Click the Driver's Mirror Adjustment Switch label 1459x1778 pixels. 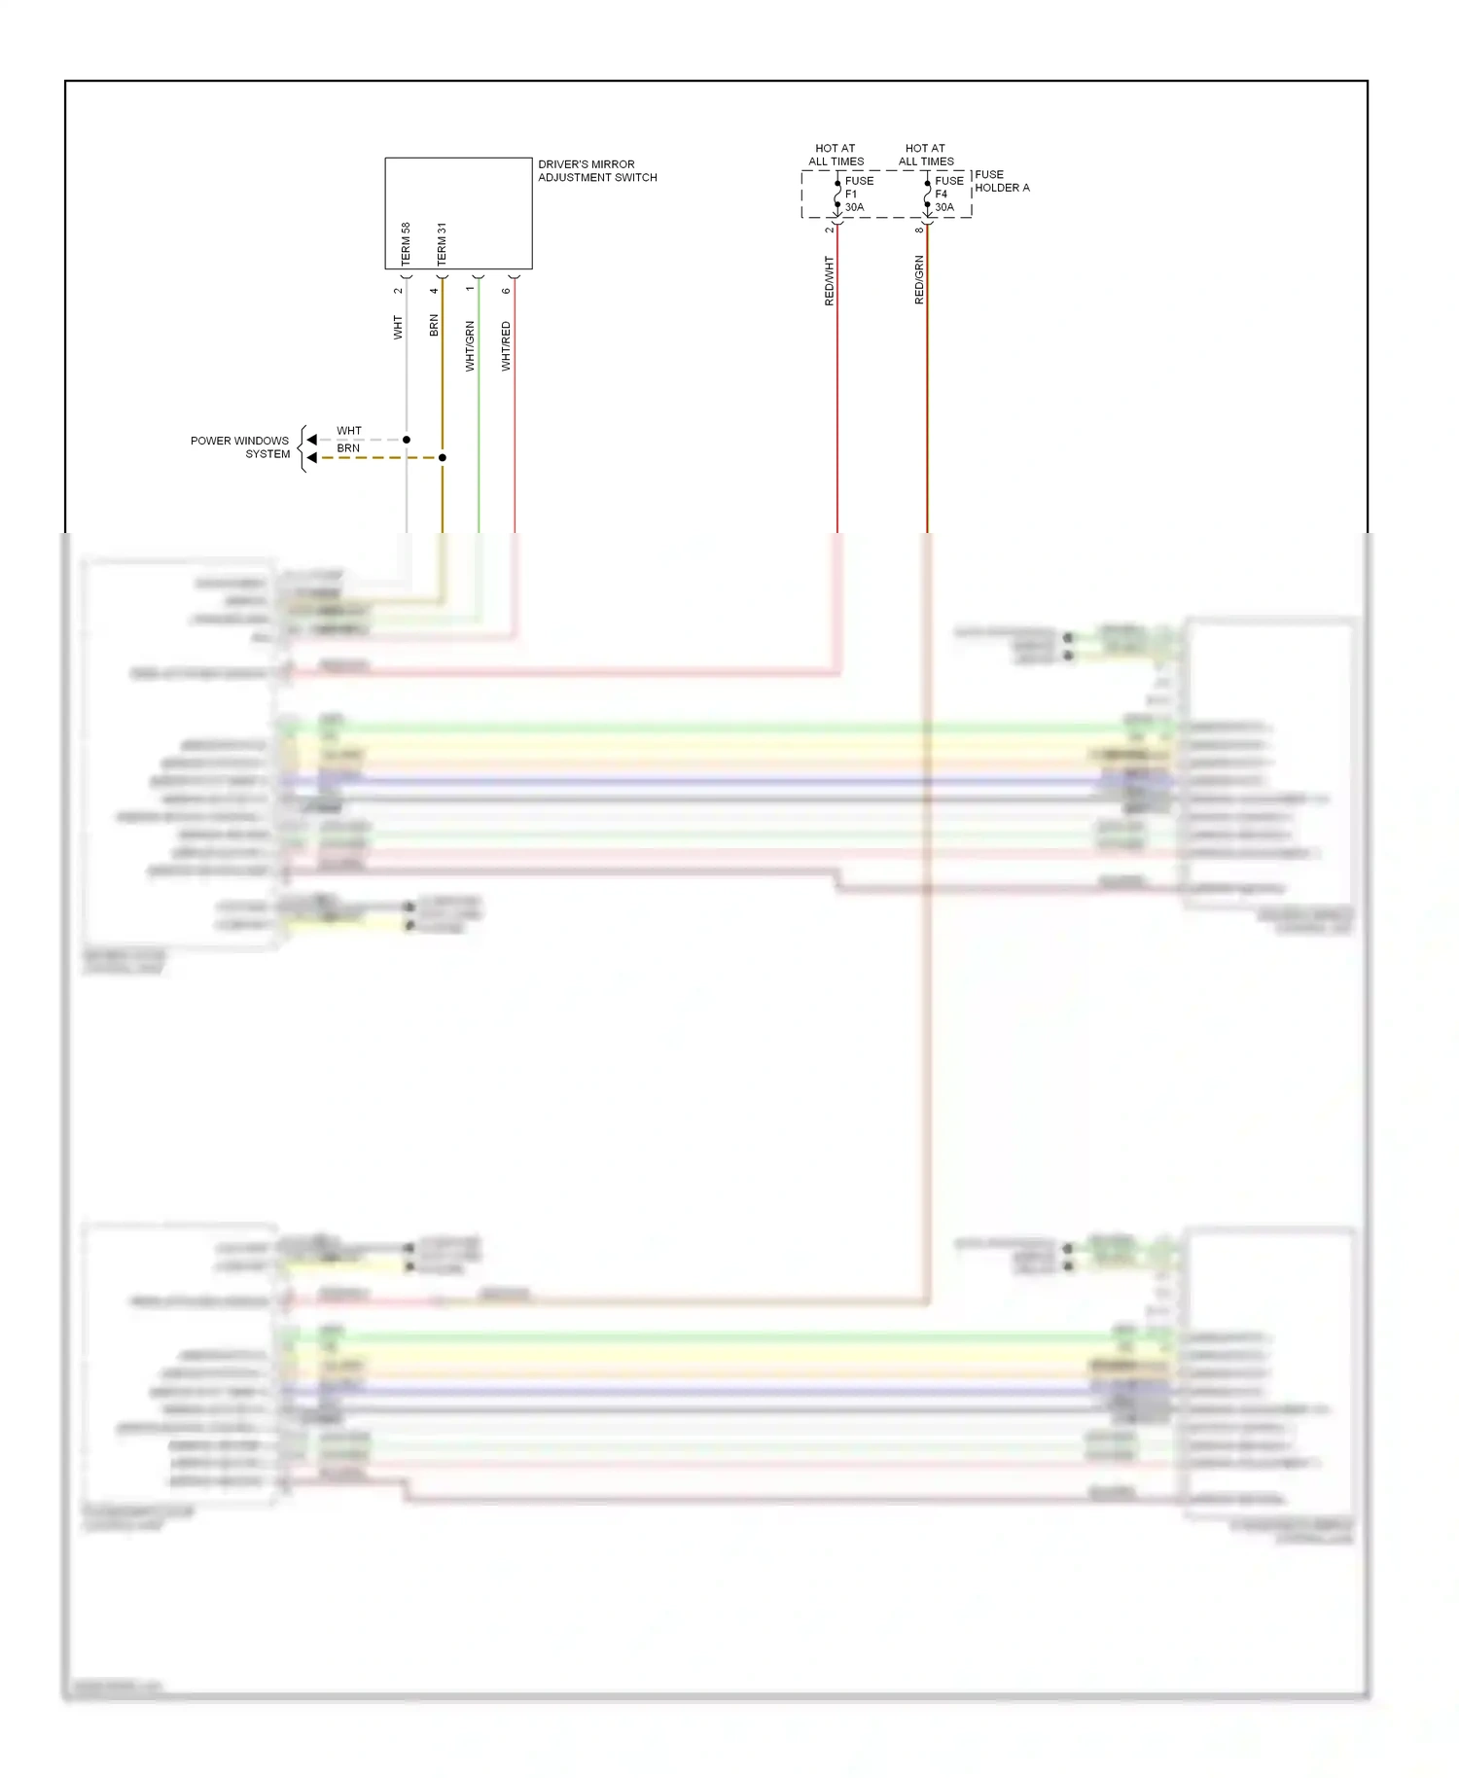(597, 170)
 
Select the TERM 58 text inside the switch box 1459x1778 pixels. (406, 243)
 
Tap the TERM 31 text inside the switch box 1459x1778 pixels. (442, 243)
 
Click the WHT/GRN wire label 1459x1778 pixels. (470, 345)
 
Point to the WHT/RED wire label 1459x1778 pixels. (506, 345)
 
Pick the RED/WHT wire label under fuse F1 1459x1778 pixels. (829, 281)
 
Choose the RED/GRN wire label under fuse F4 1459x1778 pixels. (919, 280)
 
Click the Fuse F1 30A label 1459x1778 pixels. (857, 194)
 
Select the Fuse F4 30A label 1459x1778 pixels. (947, 194)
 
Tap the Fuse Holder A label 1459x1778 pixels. (1001, 181)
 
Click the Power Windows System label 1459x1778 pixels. (240, 446)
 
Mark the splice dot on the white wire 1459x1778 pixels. (407, 440)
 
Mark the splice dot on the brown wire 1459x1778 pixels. (443, 457)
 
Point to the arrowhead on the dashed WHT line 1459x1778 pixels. (311, 440)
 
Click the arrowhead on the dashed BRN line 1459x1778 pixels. (311, 457)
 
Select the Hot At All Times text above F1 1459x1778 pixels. (836, 155)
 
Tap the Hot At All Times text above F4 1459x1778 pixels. (926, 155)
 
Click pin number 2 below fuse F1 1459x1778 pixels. (829, 230)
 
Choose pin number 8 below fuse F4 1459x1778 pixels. (919, 230)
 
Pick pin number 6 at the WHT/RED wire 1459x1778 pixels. (506, 290)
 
